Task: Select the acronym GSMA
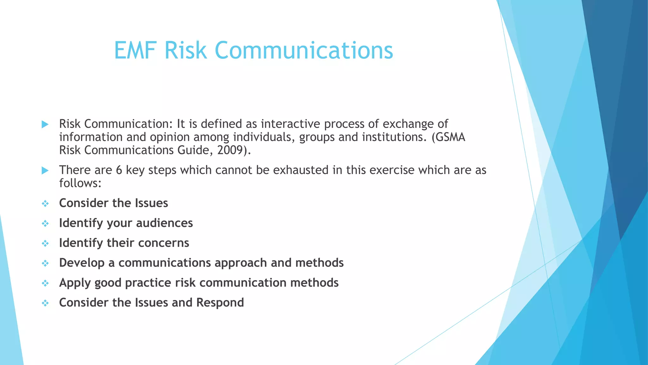[x=451, y=137]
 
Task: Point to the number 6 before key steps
[x=119, y=170]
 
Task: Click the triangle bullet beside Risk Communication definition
[x=45, y=124]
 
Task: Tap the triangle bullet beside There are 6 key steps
[x=45, y=171]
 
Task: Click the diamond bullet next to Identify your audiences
[x=45, y=223]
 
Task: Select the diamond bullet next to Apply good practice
[x=45, y=283]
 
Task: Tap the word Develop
[x=82, y=263]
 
